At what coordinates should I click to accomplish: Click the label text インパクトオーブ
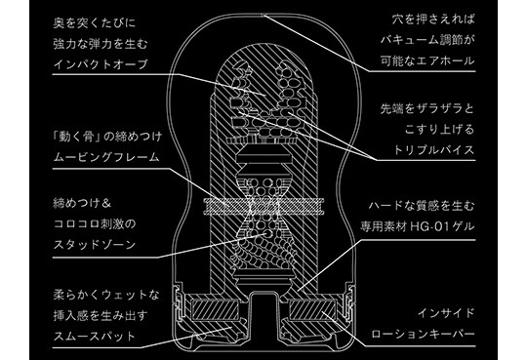coord(101,63)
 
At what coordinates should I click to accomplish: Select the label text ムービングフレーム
coord(106,157)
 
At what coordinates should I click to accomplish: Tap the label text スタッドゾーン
coord(95,244)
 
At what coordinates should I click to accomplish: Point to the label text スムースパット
coord(94,336)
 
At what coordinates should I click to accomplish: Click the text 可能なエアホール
coord(427,60)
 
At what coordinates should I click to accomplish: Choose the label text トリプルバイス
coord(433,150)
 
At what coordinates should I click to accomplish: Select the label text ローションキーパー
coord(423,334)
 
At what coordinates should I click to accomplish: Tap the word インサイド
coord(446,313)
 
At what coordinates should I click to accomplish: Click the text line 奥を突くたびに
coord(95,22)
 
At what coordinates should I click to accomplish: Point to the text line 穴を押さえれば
coord(433,20)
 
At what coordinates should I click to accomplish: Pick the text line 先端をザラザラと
coord(427,108)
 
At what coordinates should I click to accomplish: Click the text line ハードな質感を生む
coord(422,206)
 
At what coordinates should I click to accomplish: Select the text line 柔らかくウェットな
coord(106,295)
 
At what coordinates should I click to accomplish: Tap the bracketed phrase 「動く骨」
coord(74,137)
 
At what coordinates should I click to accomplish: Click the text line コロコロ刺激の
coord(95,223)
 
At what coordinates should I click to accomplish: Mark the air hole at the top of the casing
coord(264,15)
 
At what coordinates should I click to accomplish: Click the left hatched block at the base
coord(215,310)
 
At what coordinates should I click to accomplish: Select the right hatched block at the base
coord(312,310)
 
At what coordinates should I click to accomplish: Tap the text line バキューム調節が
coord(427,40)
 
